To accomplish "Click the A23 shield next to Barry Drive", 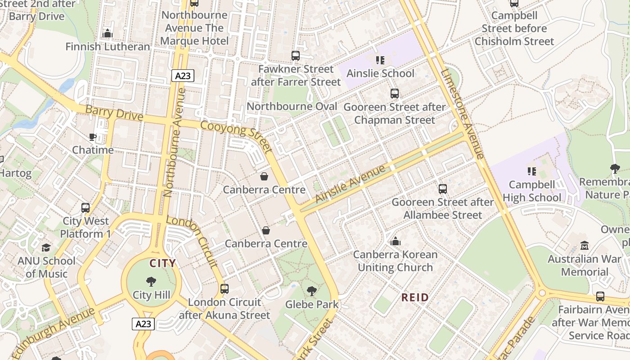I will (183, 76).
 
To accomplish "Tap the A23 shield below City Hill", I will (144, 324).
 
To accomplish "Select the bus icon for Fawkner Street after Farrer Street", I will (296, 56).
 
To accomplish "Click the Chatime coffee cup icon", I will (93, 137).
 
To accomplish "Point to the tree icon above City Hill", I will (151, 282).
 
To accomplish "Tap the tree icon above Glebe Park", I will (311, 291).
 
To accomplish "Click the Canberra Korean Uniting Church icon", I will (396, 242).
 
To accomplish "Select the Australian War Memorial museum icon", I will (585, 246).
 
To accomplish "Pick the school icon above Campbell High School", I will (532, 171).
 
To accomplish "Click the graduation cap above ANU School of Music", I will (46, 247).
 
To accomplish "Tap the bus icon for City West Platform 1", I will (85, 208).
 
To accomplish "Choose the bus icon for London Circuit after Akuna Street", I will (225, 289).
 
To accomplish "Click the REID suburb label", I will (415, 297).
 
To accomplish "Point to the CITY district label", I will (162, 263).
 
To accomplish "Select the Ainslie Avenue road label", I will (351, 184).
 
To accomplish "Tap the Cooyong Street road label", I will (237, 136).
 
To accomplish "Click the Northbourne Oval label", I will (292, 107).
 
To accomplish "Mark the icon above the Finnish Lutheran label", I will (108, 33).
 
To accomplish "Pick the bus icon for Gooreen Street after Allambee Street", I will (443, 189).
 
